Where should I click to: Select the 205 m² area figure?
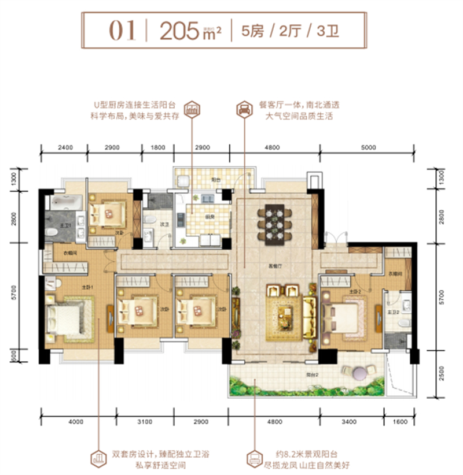click(183, 30)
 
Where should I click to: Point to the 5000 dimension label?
click(368, 148)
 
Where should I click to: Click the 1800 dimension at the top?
click(158, 148)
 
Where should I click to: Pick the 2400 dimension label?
click(65, 148)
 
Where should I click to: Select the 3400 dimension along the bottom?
click(350, 421)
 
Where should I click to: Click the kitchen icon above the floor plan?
click(191, 109)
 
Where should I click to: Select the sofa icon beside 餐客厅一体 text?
click(244, 109)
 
